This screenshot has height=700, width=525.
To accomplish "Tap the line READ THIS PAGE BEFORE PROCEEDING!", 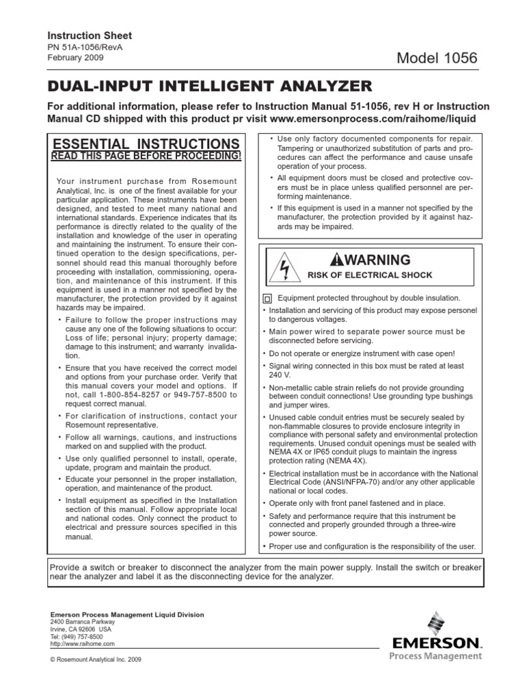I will pyautogui.click(x=146, y=157).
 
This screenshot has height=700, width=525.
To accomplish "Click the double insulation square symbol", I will pyautogui.click(x=267, y=299).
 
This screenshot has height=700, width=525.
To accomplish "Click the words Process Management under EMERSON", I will pyautogui.click(x=435, y=656).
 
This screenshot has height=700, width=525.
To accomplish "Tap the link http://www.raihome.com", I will pyautogui.click(x=83, y=643).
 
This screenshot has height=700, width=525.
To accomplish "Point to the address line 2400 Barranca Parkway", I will pyautogui.click(x=83, y=622).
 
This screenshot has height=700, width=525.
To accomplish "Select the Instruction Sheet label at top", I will pyautogui.click(x=89, y=35).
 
